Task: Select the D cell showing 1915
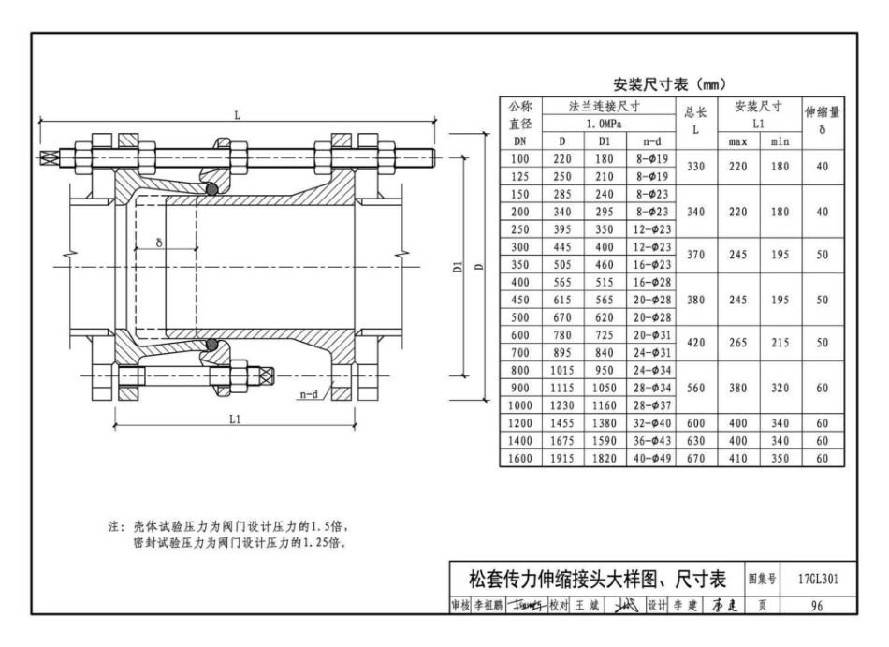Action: [562, 459]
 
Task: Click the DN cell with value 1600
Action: [520, 459]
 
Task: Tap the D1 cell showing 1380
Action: [604, 423]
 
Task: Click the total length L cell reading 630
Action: [695, 441]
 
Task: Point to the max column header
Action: [737, 141]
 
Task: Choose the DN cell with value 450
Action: [520, 300]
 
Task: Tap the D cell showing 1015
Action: [562, 370]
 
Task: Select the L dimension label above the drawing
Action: [238, 116]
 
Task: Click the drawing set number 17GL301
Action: [818, 579]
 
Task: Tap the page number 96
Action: [817, 606]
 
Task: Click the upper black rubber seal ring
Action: [212, 190]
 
